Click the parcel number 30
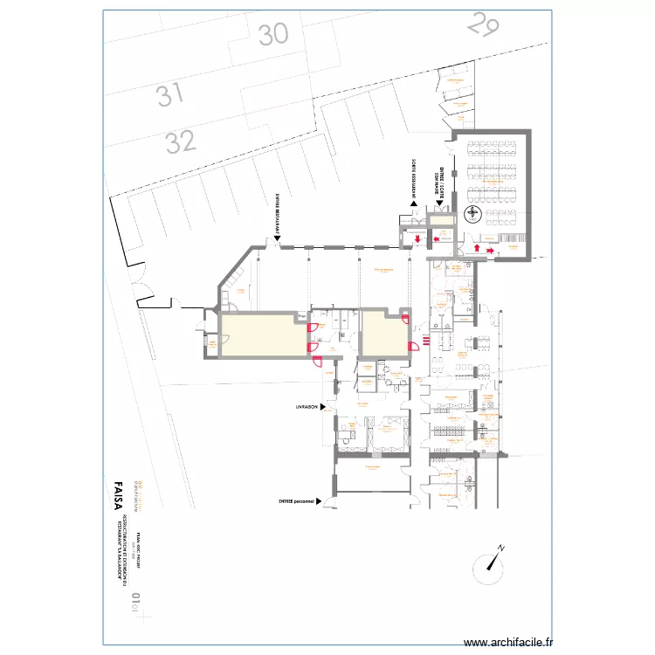pyautogui.click(x=273, y=34)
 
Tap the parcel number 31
pyautogui.click(x=171, y=93)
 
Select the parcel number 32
pyautogui.click(x=181, y=140)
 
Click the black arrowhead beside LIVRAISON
pyautogui.click(x=322, y=407)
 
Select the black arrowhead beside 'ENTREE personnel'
pyautogui.click(x=320, y=501)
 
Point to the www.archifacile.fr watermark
pyautogui.click(x=508, y=640)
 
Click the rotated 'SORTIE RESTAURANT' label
pyautogui.click(x=410, y=178)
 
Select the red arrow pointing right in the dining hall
pyautogui.click(x=491, y=251)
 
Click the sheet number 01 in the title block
pyautogui.click(x=136, y=599)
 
